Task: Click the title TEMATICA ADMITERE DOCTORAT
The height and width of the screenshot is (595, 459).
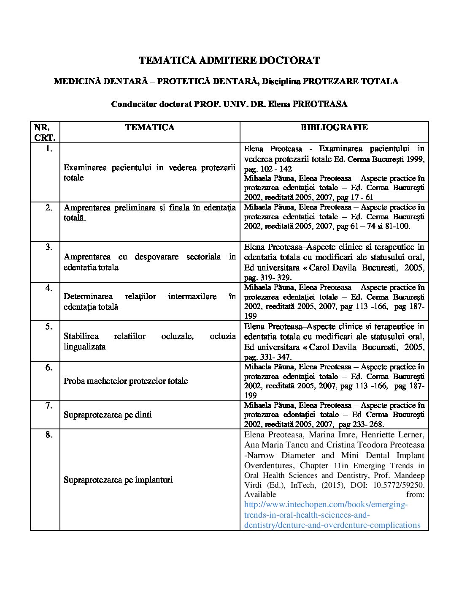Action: pos(229,60)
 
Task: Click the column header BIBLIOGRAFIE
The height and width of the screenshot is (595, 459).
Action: pos(334,127)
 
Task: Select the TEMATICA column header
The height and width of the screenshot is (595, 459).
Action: pos(150,127)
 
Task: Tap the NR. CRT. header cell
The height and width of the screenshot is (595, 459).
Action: pos(45,132)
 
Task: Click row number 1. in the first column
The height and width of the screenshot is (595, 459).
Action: pos(49,148)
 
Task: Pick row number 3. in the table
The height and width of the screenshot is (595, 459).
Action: pos(49,247)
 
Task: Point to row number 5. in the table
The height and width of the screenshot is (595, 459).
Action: pos(49,326)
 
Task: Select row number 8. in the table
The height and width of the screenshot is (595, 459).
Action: pos(49,434)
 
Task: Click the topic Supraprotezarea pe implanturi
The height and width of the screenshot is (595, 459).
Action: pos(118,480)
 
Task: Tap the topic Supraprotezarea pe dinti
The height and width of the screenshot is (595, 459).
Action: pos(108,415)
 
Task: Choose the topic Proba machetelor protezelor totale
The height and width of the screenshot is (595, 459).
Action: pos(126,381)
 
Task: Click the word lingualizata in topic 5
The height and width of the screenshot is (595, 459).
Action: pos(85,347)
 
